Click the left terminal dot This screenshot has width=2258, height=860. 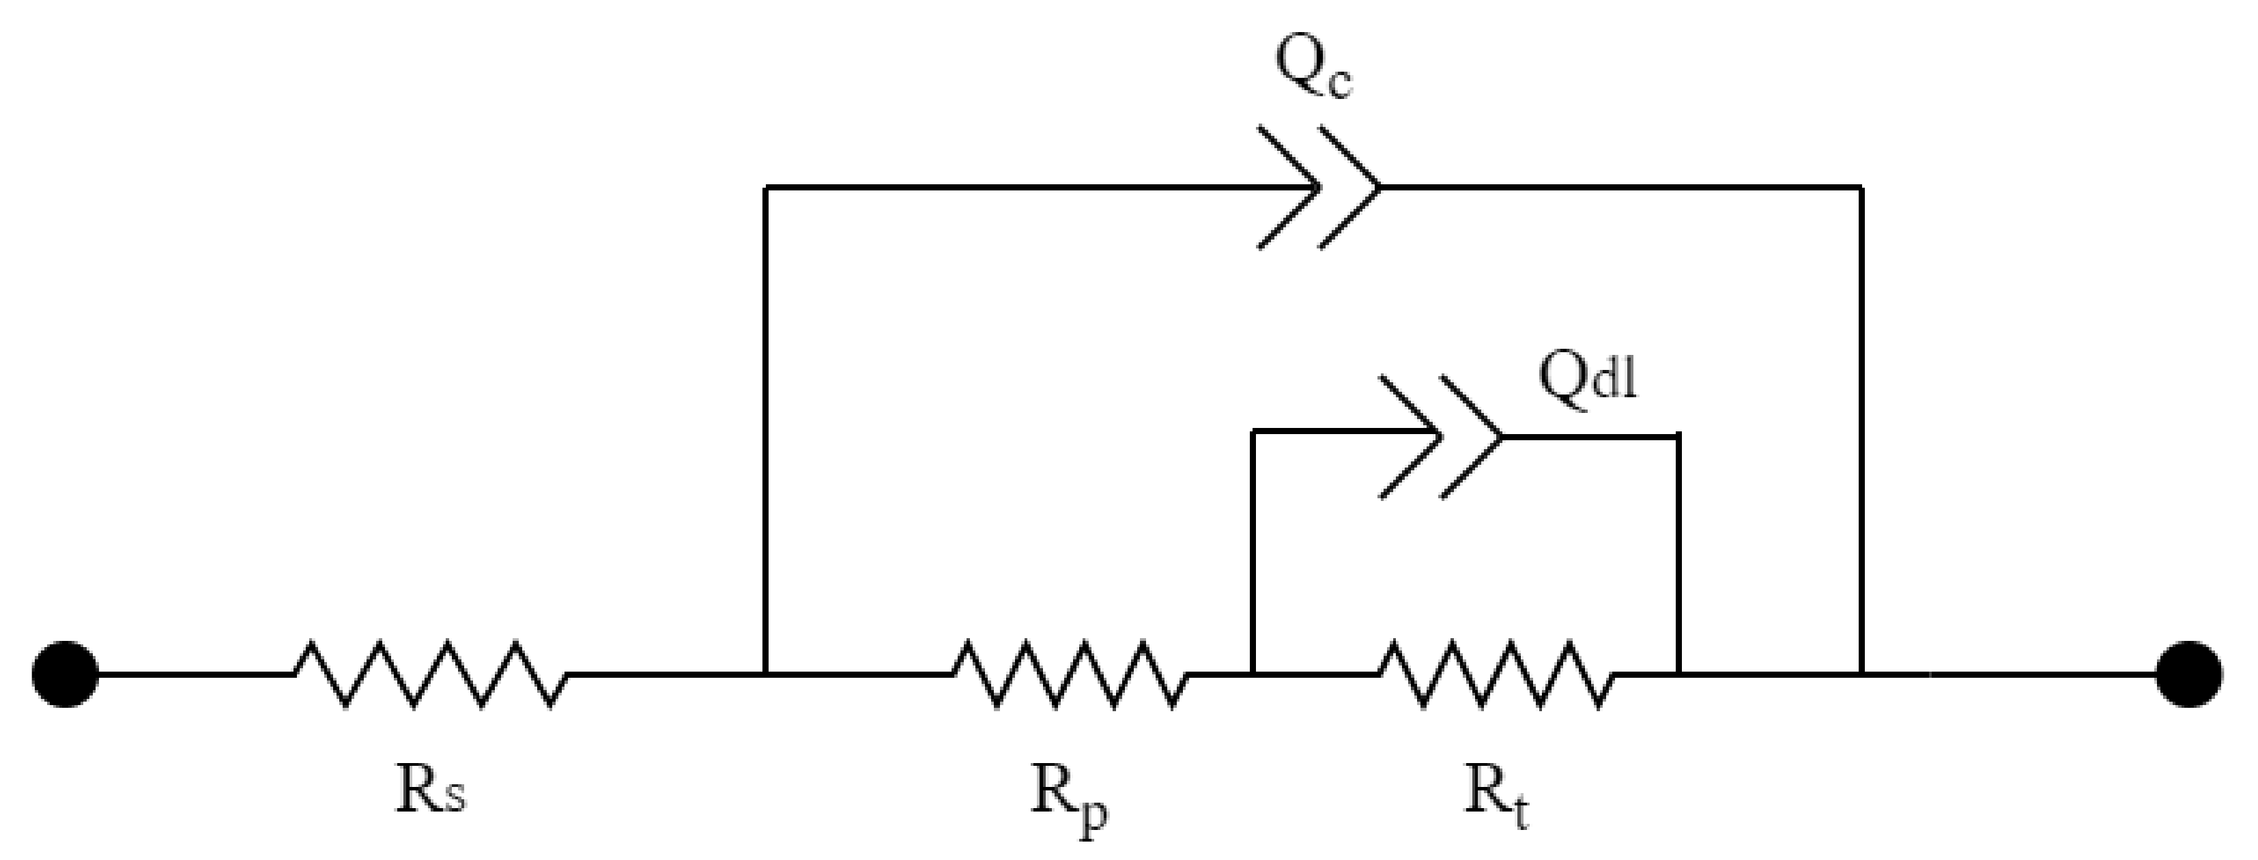click(66, 674)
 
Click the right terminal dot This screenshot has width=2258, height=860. click(2189, 674)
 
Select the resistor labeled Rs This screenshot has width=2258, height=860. click(429, 674)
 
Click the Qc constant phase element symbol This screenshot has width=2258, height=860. click(1319, 187)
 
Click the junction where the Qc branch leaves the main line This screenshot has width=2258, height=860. click(766, 674)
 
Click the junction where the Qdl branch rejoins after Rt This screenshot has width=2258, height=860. click(1678, 674)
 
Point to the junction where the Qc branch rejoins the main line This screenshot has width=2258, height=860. click(1861, 674)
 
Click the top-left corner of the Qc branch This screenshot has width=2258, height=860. click(766, 187)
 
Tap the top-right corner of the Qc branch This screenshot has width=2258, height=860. click(1861, 187)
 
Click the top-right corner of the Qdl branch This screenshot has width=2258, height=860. click(1678, 435)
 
